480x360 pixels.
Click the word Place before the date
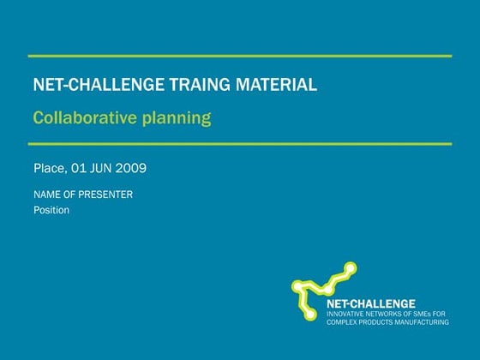click(x=49, y=168)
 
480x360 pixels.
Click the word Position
click(x=51, y=210)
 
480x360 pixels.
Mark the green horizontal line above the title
click(x=239, y=56)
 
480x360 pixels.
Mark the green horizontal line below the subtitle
click(x=239, y=144)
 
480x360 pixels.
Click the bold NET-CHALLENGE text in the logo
click(x=370, y=303)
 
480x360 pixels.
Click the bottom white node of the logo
click(x=309, y=315)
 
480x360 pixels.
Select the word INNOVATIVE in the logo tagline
click(x=351, y=314)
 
